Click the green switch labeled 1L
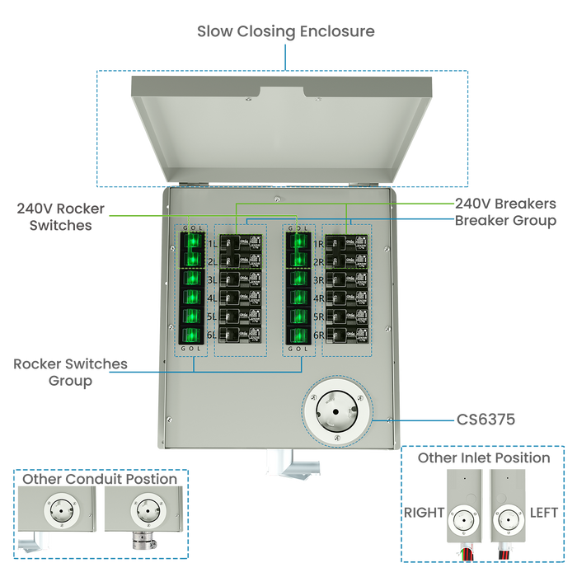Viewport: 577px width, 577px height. [192, 243]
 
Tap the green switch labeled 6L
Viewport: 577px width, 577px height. [192, 335]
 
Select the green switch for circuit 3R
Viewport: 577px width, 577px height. [298, 279]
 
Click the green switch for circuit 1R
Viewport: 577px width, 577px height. [298, 243]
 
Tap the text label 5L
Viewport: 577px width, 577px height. [212, 317]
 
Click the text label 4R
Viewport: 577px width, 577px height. [318, 298]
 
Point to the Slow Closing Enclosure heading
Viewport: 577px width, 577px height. [286, 32]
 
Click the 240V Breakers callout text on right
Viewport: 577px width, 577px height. [506, 203]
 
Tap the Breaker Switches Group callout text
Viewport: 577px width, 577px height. [70, 372]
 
